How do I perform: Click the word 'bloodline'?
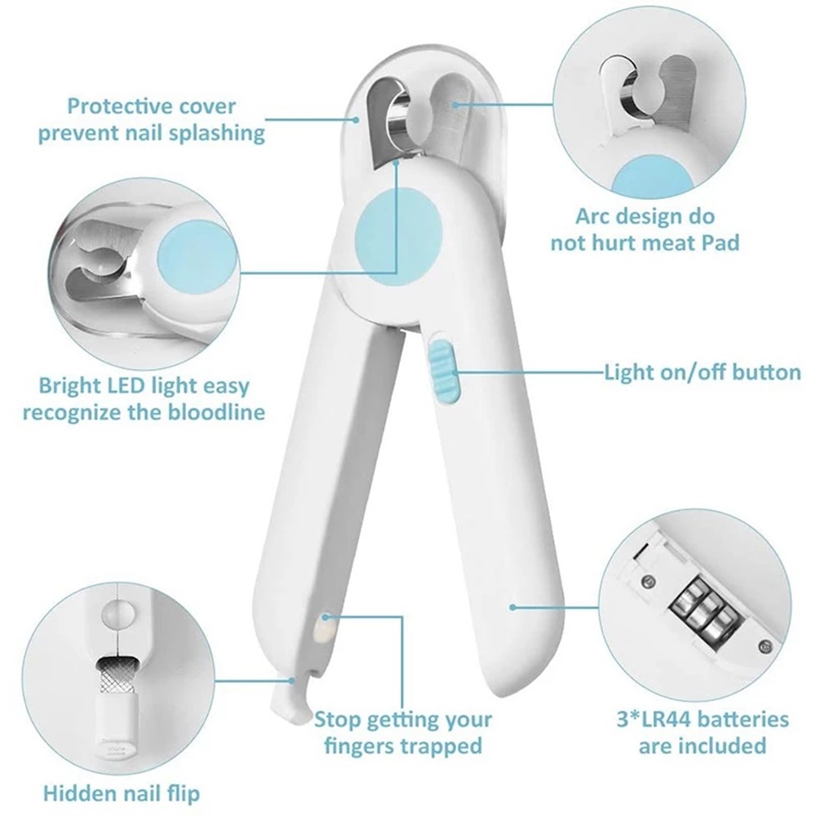click(x=216, y=412)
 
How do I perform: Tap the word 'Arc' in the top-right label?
click(x=594, y=216)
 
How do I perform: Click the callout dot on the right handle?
click(x=512, y=607)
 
